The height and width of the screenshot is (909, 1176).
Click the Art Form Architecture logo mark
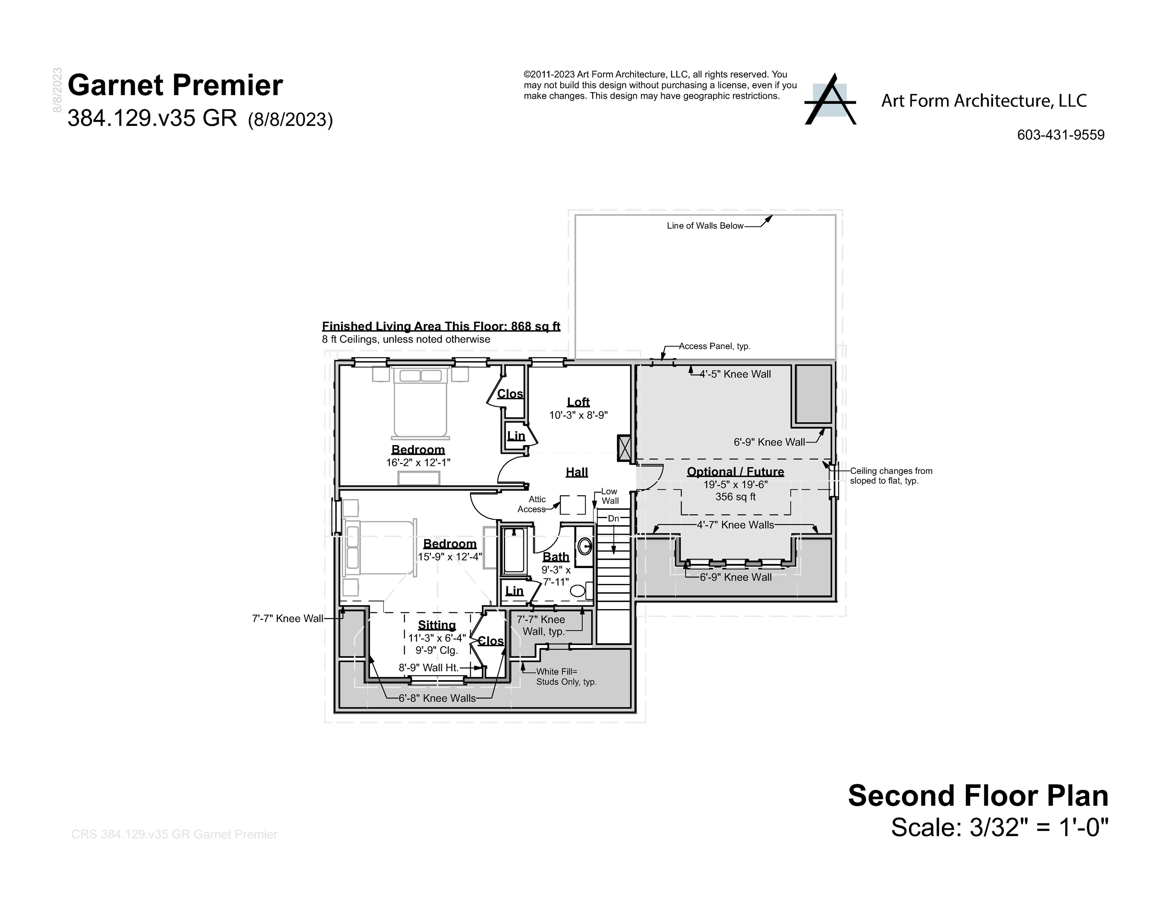click(x=830, y=100)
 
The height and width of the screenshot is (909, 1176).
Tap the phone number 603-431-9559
click(x=1060, y=135)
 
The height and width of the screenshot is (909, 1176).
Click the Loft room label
click(x=578, y=402)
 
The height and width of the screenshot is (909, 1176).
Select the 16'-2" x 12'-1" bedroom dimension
click(x=418, y=462)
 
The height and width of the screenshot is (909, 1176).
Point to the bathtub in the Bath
click(x=514, y=552)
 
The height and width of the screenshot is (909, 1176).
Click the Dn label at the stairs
click(x=613, y=518)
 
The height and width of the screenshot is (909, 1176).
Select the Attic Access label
click(x=533, y=505)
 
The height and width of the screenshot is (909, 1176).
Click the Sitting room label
click(x=437, y=625)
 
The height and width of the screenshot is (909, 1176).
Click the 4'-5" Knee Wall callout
click(x=735, y=374)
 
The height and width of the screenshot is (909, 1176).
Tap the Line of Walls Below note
click(x=705, y=226)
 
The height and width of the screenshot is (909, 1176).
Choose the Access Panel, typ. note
click(x=714, y=346)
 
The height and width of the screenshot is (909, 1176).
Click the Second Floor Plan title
click(x=978, y=796)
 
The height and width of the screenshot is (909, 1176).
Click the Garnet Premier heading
click(x=175, y=86)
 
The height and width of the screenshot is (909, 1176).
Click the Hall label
click(x=577, y=472)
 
